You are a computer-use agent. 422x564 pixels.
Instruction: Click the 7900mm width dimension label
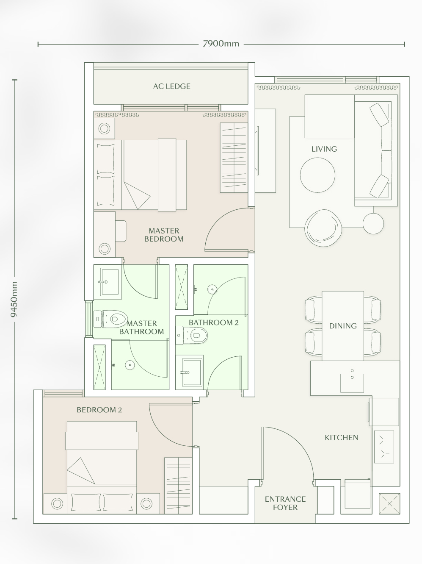[221, 44]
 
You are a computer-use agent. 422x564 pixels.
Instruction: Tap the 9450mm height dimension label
[14, 299]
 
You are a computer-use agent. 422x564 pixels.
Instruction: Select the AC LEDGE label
[171, 86]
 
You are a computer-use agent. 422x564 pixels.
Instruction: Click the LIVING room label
[324, 149]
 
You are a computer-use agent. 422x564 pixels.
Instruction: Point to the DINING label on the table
[343, 326]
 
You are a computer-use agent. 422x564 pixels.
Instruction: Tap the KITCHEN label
[341, 438]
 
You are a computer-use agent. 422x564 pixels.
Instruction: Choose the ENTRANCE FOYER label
[285, 503]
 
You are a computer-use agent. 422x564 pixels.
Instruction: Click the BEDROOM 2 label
[99, 410]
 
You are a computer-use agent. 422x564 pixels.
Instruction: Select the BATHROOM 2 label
[214, 322]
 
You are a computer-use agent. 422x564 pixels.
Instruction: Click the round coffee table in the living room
[317, 175]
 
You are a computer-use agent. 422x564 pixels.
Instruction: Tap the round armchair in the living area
[323, 228]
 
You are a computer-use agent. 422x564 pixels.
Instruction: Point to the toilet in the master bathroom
[110, 319]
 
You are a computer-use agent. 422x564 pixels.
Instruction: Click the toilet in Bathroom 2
[192, 335]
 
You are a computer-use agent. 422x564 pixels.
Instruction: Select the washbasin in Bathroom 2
[192, 372]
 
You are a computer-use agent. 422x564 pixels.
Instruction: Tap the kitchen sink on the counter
[352, 383]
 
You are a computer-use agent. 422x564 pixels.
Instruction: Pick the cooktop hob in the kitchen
[384, 447]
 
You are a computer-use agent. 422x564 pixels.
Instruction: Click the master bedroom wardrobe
[234, 158]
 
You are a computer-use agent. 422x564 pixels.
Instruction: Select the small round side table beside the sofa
[373, 224]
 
